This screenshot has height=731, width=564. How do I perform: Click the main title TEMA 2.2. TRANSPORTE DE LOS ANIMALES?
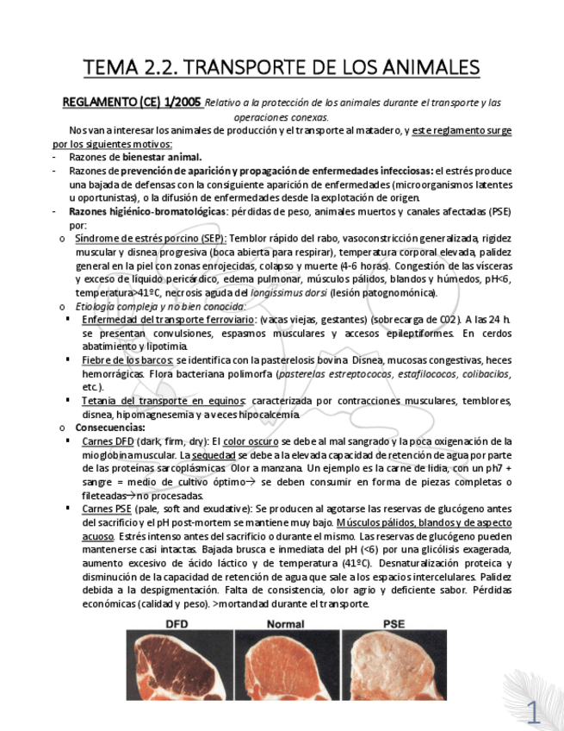282,66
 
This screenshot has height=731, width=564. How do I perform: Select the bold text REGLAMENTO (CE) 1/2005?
132,103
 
